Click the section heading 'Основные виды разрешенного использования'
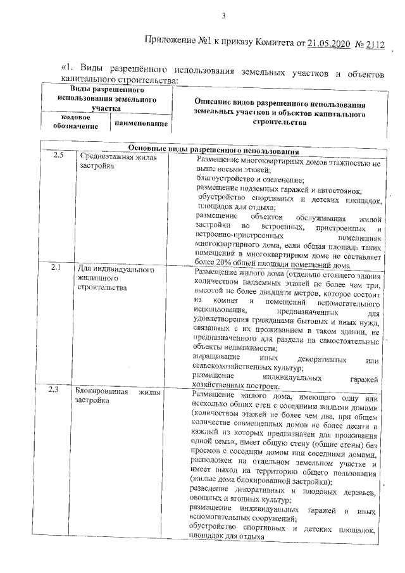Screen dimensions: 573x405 click(209, 148)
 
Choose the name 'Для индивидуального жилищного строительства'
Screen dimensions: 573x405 click(115, 278)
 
